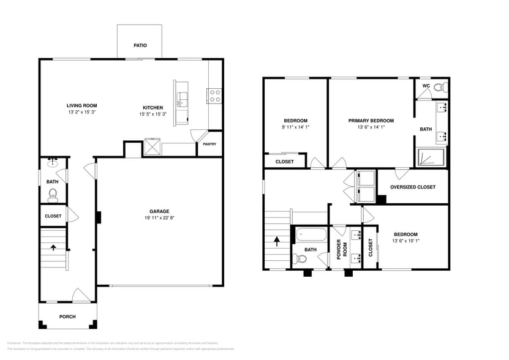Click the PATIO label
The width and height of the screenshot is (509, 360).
140,46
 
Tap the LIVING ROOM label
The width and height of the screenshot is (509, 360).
82,106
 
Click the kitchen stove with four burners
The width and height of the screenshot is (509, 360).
215,95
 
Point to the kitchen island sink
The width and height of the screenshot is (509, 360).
182,97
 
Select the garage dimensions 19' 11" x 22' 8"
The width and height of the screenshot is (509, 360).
159,217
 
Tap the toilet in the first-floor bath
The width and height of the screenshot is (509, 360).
53,195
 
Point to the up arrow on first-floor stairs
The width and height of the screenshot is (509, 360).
53,248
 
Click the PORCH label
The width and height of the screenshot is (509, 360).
67,317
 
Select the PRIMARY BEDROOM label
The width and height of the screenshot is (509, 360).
371,121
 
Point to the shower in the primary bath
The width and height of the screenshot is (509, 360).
431,157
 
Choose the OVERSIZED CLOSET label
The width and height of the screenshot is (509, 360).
413,187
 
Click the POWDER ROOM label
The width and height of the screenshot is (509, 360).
344,249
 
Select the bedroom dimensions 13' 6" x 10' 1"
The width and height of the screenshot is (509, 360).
405,241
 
